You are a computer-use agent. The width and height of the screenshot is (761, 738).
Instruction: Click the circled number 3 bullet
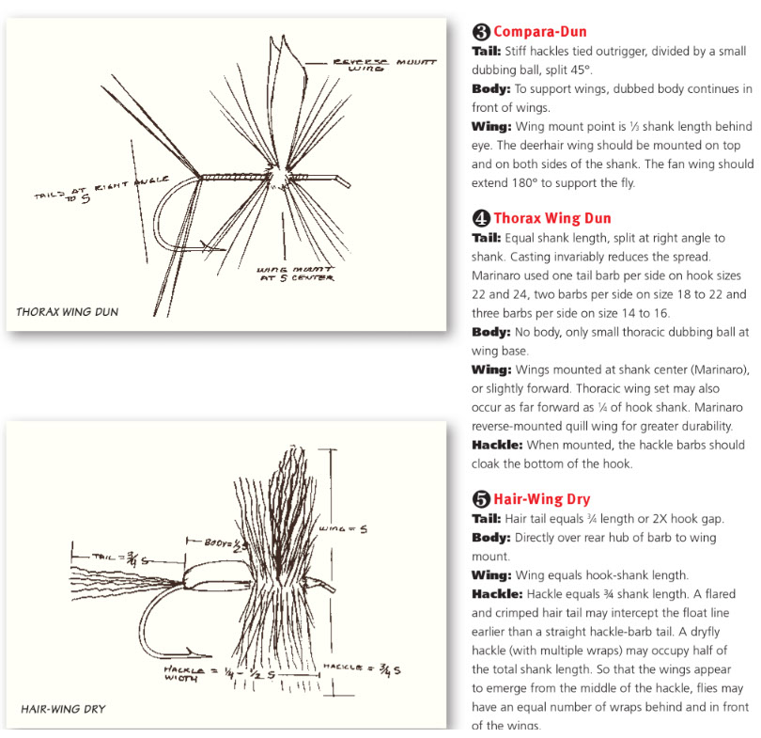point(480,31)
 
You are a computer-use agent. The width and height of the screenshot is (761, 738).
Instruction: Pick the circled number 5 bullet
point(480,499)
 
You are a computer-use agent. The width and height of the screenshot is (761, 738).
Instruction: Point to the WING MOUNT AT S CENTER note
point(292,273)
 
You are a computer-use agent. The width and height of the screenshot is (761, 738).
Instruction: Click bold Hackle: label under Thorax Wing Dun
point(496,445)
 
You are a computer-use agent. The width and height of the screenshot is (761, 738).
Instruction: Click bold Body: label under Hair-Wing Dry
point(489,537)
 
